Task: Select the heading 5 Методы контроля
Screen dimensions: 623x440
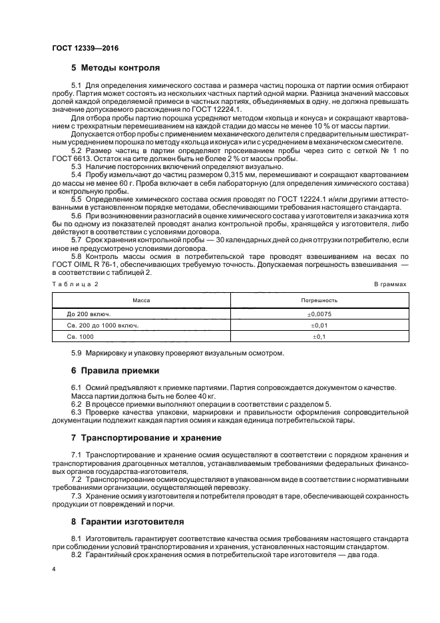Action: [x=115, y=68]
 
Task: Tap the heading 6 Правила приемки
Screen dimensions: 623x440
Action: [x=114, y=369]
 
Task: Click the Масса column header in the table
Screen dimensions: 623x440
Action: [x=141, y=300]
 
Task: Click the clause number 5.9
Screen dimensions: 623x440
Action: [x=77, y=352]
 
